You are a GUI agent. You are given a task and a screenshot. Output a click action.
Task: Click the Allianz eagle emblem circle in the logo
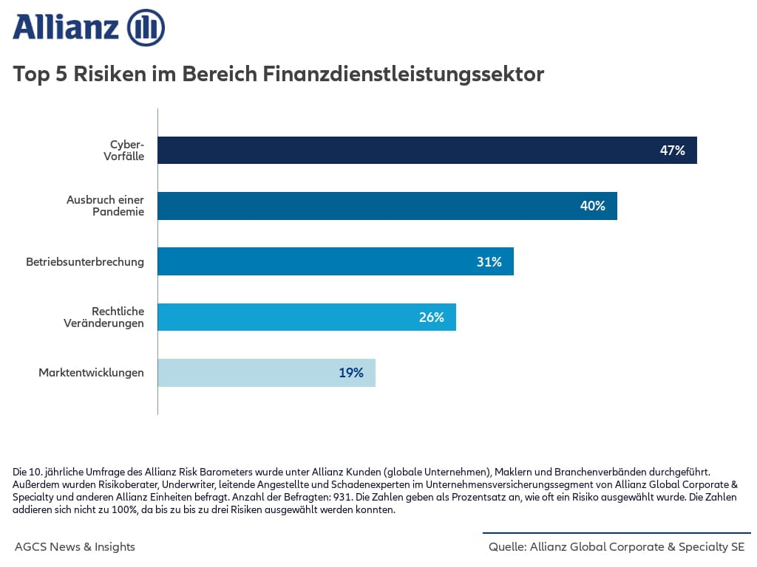click(146, 28)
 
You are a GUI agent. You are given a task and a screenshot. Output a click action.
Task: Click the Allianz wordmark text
click(66, 28)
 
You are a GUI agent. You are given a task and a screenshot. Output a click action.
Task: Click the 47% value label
click(672, 151)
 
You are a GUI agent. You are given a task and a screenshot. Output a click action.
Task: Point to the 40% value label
click(592, 206)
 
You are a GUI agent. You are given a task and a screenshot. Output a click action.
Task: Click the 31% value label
click(489, 261)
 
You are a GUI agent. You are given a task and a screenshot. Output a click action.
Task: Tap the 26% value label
click(431, 317)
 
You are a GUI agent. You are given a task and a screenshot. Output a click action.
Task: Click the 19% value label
click(351, 373)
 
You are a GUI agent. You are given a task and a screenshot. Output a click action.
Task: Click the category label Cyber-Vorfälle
click(123, 150)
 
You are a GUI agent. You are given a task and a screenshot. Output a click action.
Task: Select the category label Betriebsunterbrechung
click(85, 261)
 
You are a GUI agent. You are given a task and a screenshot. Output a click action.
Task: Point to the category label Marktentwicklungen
click(91, 373)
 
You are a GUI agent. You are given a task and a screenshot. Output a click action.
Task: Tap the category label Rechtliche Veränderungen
click(107, 317)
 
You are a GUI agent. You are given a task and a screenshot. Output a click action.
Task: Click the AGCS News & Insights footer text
click(75, 547)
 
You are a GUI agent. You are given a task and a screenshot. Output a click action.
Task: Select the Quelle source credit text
click(617, 547)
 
